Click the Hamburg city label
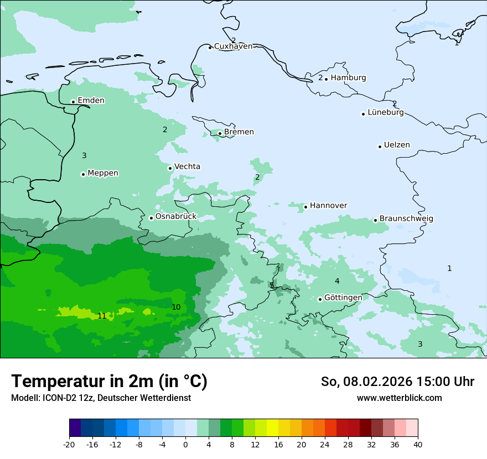pyautogui.click(x=348, y=78)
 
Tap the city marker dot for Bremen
pyautogui.click(x=220, y=133)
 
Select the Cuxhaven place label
pyautogui.click(x=233, y=46)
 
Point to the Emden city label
pyautogui.click(x=91, y=101)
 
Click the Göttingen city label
pyautogui.click(x=343, y=298)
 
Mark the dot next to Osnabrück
pyautogui.click(x=151, y=218)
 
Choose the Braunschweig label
pyautogui.click(x=406, y=219)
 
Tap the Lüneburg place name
pyautogui.click(x=385, y=113)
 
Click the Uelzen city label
pyautogui.click(x=397, y=145)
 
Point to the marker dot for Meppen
pyautogui.click(x=83, y=174)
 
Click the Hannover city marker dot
pyautogui.click(x=305, y=207)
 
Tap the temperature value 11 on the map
pyautogui.click(x=102, y=316)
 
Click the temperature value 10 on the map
pyautogui.click(x=176, y=307)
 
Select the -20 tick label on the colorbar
pyautogui.click(x=69, y=444)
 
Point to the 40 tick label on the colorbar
pyautogui.click(x=418, y=444)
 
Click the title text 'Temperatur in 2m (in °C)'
pyautogui.click(x=110, y=381)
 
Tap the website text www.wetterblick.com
pyautogui.click(x=399, y=398)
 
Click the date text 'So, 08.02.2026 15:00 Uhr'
pyautogui.click(x=397, y=382)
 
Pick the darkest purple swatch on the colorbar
pyautogui.click(x=75, y=428)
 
